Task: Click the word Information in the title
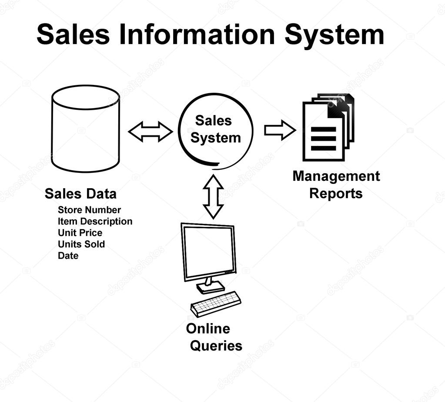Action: click(197, 34)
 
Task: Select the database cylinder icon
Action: click(85, 128)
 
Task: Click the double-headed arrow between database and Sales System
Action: click(150, 132)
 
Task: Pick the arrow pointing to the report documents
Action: click(280, 130)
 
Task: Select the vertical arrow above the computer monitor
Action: click(213, 196)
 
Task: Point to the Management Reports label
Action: click(336, 185)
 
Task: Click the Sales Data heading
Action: click(80, 194)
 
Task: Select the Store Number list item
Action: click(89, 210)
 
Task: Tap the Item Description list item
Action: click(95, 221)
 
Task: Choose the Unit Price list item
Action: click(80, 233)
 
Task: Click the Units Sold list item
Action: click(81, 244)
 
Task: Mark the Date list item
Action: click(68, 256)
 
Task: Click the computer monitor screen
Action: click(208, 251)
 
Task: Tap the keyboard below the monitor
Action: click(216, 304)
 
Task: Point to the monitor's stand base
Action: click(211, 287)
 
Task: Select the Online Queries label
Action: click(214, 337)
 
